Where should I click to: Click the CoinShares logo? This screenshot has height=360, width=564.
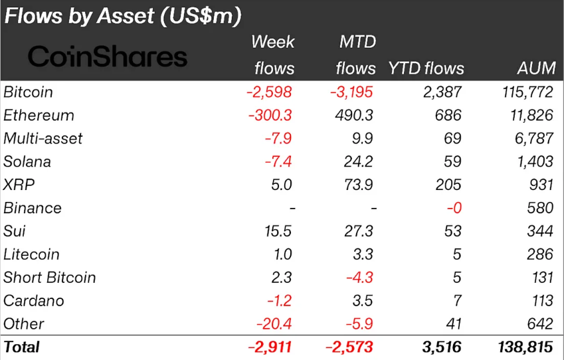tap(108, 57)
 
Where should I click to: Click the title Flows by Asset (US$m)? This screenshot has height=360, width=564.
tap(123, 16)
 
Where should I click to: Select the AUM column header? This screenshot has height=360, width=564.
tap(536, 68)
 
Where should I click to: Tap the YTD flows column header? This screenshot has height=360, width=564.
tap(426, 68)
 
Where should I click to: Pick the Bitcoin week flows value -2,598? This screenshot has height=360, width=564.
tap(269, 92)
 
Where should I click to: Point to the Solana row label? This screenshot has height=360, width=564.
tap(27, 162)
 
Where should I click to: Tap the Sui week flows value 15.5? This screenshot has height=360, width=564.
tap(278, 231)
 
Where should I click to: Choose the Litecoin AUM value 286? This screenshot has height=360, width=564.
tap(539, 254)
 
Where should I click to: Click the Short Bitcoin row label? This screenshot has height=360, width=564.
tap(50, 278)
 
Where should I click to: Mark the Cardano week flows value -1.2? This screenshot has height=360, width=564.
tap(280, 301)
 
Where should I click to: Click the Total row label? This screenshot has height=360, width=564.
tap(22, 347)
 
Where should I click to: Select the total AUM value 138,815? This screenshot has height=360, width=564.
tap(525, 347)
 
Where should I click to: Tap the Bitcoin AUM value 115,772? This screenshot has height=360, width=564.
tap(525, 92)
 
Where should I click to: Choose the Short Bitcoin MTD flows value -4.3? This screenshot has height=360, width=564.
tap(360, 278)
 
